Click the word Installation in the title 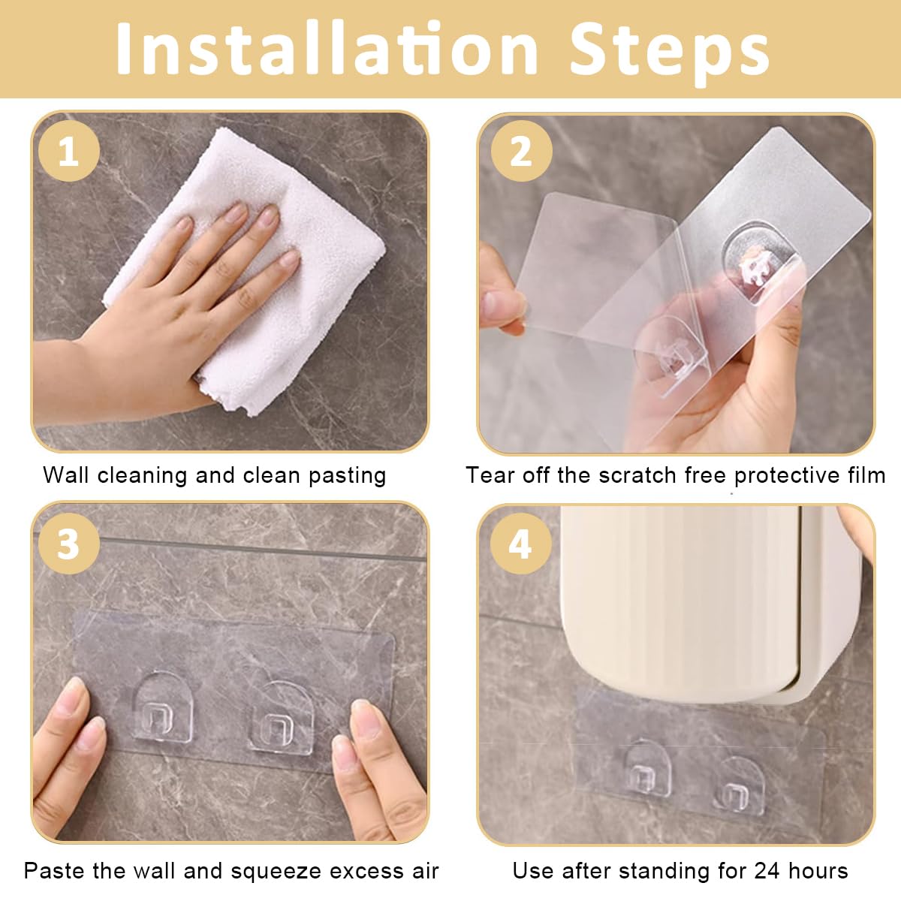327,48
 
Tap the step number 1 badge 69,151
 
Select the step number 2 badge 521,151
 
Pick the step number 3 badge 69,544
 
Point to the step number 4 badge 520,544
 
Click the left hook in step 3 163,707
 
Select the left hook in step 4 648,769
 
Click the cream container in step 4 711,603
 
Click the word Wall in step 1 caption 65,475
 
